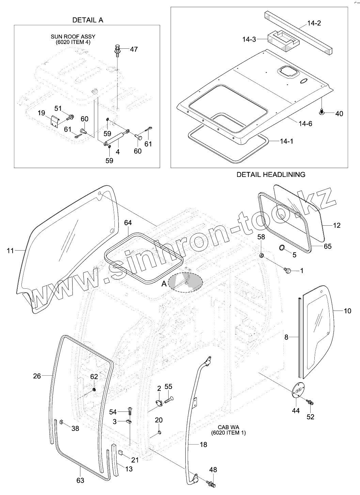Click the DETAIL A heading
click(88, 20)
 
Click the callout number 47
click(134, 49)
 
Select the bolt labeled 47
click(118, 51)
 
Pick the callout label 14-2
click(314, 23)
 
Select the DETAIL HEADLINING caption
click(271, 175)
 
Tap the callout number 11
click(10, 251)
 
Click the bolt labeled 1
click(287, 270)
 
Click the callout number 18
click(203, 445)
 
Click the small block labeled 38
click(62, 422)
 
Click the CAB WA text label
click(228, 427)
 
